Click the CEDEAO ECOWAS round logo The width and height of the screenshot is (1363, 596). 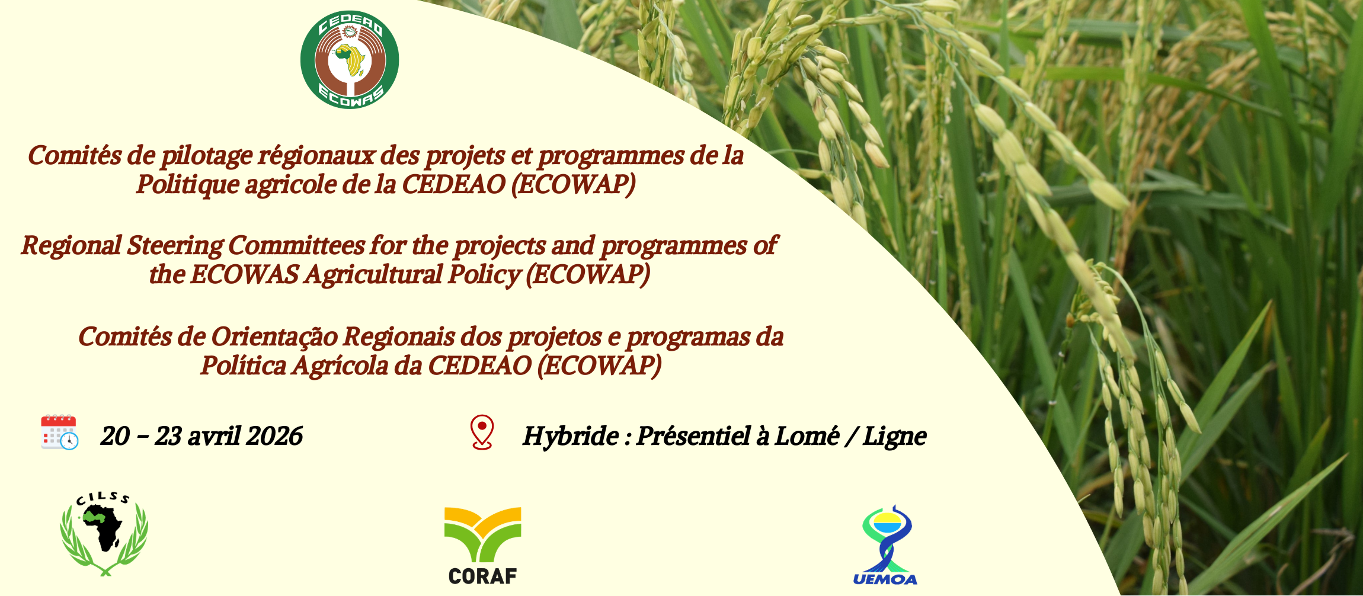(350, 60)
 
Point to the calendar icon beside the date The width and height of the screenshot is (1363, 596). (59, 432)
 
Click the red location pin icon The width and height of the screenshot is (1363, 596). (482, 432)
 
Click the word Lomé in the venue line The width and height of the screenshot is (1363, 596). (807, 437)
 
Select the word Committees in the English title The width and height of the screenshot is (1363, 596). (296, 245)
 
